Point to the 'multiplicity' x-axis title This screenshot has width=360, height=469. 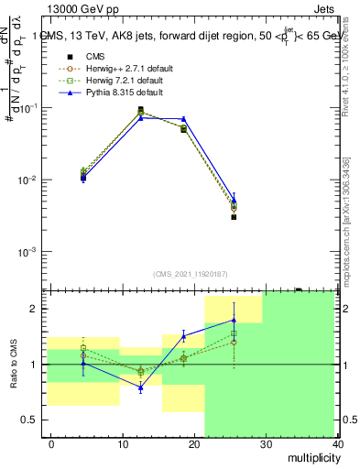coord(313,456)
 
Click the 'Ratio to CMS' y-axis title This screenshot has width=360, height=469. coord(13,365)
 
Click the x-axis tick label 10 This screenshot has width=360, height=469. coord(122,443)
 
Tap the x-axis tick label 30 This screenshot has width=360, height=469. coord(266,443)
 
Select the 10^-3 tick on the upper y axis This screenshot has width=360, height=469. coord(29,251)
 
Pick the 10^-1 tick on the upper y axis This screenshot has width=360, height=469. coord(29,108)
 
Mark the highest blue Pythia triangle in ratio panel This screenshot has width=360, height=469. coord(235,320)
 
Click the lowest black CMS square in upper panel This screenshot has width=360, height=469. coord(235,217)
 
